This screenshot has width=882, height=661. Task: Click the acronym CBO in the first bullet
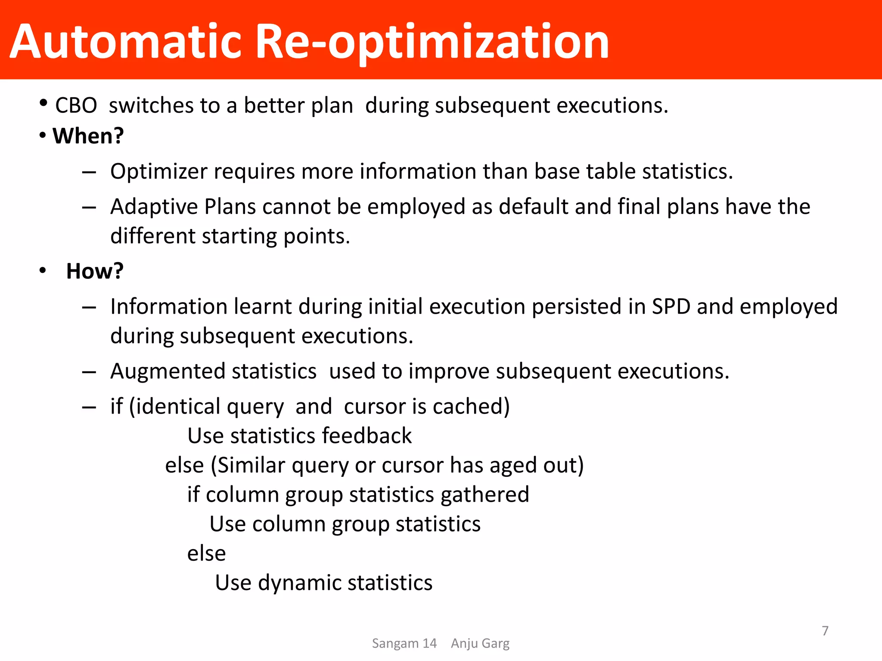tap(76, 105)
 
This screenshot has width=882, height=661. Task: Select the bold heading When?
tap(88, 136)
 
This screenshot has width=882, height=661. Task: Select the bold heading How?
tap(95, 271)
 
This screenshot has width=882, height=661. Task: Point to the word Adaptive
tap(153, 207)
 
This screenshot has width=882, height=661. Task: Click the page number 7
tap(825, 631)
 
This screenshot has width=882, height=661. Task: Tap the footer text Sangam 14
tap(404, 643)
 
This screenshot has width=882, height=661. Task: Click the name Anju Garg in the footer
tap(480, 643)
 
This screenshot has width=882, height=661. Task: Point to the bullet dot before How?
tap(42, 271)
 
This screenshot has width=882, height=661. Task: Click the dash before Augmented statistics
tap(89, 372)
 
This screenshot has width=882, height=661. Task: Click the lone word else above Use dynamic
tap(206, 553)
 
